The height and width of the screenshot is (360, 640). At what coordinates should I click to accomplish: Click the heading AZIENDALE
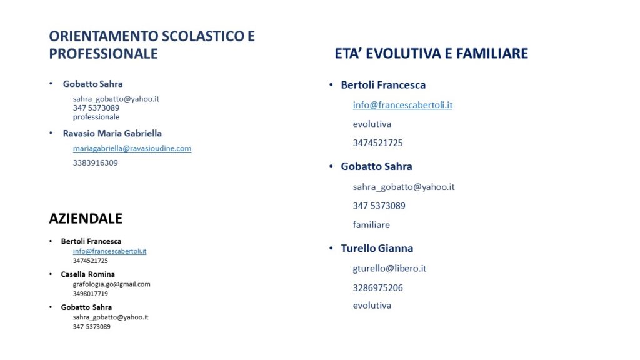[86, 219]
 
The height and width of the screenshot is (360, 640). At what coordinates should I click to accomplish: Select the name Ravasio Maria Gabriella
[112, 134]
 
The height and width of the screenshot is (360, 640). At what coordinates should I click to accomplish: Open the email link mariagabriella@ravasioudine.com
[132, 149]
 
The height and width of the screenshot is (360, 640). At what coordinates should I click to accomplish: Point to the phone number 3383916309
[96, 163]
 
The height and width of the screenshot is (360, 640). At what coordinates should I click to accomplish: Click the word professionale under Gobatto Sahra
[96, 117]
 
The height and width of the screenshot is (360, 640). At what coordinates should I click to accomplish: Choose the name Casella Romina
[87, 274]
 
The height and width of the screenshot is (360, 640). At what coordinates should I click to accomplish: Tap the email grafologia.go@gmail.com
[111, 284]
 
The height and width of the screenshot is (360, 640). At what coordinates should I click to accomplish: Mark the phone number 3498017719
[90, 294]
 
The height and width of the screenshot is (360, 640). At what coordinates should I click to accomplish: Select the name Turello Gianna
[377, 249]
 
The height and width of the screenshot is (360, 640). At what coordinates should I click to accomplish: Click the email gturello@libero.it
[389, 269]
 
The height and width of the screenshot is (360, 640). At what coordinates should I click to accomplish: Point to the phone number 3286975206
[378, 288]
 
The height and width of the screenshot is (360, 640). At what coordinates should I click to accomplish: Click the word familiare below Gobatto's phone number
[371, 225]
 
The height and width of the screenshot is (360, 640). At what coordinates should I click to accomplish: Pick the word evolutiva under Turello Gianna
[372, 306]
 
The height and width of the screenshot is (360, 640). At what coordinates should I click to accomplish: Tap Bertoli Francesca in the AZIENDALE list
[91, 242]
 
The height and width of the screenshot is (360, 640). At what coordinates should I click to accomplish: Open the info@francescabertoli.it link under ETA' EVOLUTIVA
[403, 105]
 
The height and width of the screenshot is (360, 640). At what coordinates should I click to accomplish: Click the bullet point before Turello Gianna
[331, 247]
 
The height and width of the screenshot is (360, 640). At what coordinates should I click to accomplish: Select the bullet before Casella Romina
[51, 274]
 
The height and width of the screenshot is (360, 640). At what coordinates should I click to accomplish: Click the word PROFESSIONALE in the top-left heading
[104, 54]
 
